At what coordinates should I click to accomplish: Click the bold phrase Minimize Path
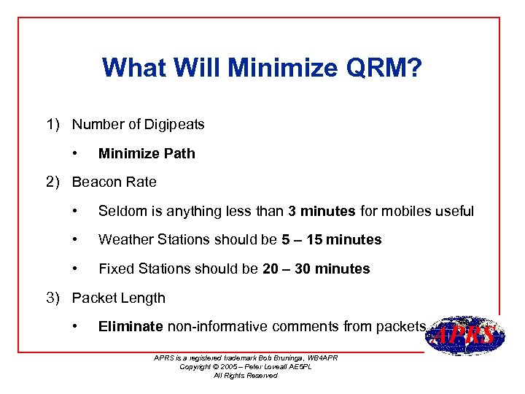147,153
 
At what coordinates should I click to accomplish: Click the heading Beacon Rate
114,182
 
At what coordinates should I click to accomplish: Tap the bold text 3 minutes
322,211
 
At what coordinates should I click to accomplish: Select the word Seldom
120,211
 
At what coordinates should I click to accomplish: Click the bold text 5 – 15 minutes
332,239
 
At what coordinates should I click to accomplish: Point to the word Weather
123,239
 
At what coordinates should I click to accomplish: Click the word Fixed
114,269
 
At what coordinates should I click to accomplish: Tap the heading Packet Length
119,298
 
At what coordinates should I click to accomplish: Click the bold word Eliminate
131,326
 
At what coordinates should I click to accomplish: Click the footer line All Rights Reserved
245,375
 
